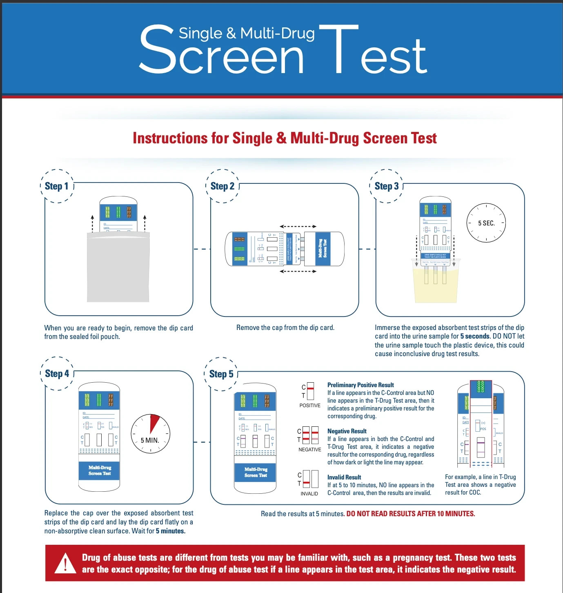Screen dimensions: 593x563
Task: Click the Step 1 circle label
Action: [57, 186]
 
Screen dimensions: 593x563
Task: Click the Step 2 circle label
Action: [222, 186]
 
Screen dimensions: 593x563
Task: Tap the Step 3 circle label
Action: [386, 186]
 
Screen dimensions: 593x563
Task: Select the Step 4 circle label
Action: [57, 374]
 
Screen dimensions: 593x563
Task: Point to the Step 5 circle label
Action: [221, 374]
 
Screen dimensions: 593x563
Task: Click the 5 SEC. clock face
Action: [486, 223]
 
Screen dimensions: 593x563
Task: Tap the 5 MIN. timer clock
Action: [150, 434]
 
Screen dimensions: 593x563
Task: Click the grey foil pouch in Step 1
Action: [118, 268]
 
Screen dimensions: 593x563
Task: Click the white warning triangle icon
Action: [65, 563]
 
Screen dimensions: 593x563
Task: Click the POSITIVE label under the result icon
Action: [310, 406]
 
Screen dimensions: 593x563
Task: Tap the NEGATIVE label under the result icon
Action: [309, 450]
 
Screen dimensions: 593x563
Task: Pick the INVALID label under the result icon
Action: [309, 494]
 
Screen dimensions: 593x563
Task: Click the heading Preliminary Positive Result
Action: [360, 385]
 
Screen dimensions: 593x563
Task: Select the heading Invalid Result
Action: [344, 477]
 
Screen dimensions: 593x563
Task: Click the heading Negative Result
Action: [347, 431]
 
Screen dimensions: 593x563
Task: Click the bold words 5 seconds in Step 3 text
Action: [474, 337]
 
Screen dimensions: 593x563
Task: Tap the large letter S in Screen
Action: [157, 49]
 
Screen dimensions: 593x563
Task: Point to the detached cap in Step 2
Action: [324, 249]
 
